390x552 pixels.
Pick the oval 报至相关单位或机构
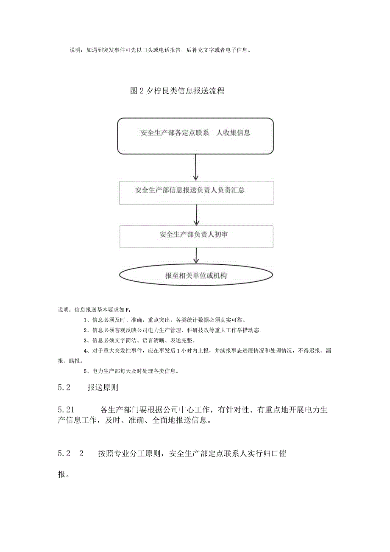[196, 276]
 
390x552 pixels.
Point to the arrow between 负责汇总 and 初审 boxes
[196, 215]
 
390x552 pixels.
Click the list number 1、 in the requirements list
[87, 320]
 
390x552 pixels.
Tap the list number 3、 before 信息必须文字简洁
[87, 340]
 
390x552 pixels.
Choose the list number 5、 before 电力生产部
[87, 371]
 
